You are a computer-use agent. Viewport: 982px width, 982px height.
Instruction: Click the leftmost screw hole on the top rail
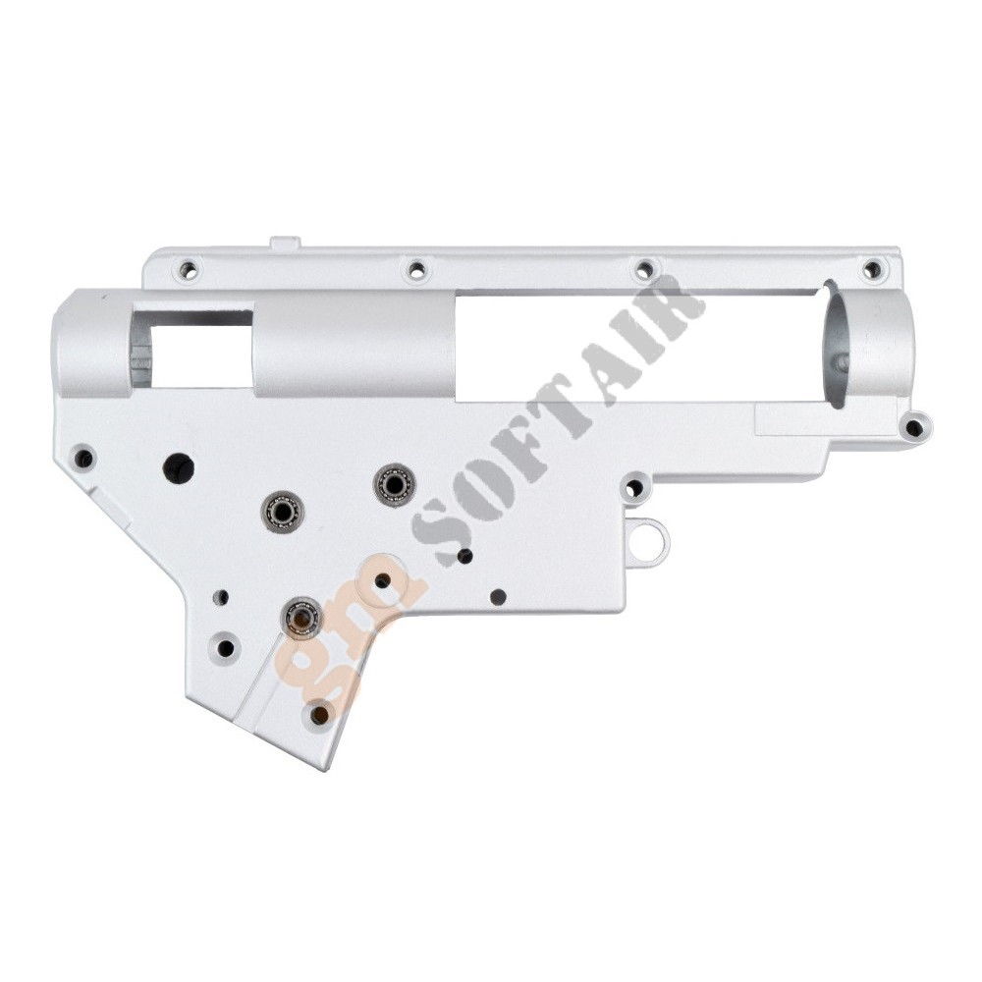pos(188,271)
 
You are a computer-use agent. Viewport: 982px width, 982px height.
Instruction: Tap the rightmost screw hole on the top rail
pos(871,271)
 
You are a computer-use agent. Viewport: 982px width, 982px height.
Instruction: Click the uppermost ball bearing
pos(393,483)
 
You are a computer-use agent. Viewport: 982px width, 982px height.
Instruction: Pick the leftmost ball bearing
pos(283,511)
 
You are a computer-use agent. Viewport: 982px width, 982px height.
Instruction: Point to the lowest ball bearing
pos(304,617)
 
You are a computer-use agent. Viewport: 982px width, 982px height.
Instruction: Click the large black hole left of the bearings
pos(179,466)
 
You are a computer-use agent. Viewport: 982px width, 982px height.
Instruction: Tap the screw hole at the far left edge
pos(83,459)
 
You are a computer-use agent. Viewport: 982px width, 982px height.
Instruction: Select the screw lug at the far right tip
pos(915,428)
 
